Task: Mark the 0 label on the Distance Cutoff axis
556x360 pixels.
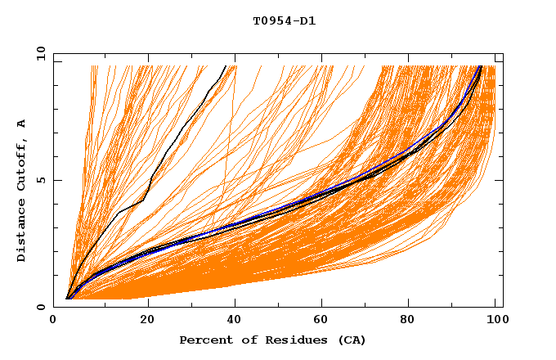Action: pyautogui.click(x=41, y=307)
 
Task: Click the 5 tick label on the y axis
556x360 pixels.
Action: pyautogui.click(x=41, y=180)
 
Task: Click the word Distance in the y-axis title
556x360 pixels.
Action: pyautogui.click(x=21, y=233)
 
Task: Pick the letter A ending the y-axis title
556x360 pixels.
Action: pyautogui.click(x=21, y=123)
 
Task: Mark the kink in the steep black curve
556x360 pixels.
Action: pyautogui.click(x=144, y=199)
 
